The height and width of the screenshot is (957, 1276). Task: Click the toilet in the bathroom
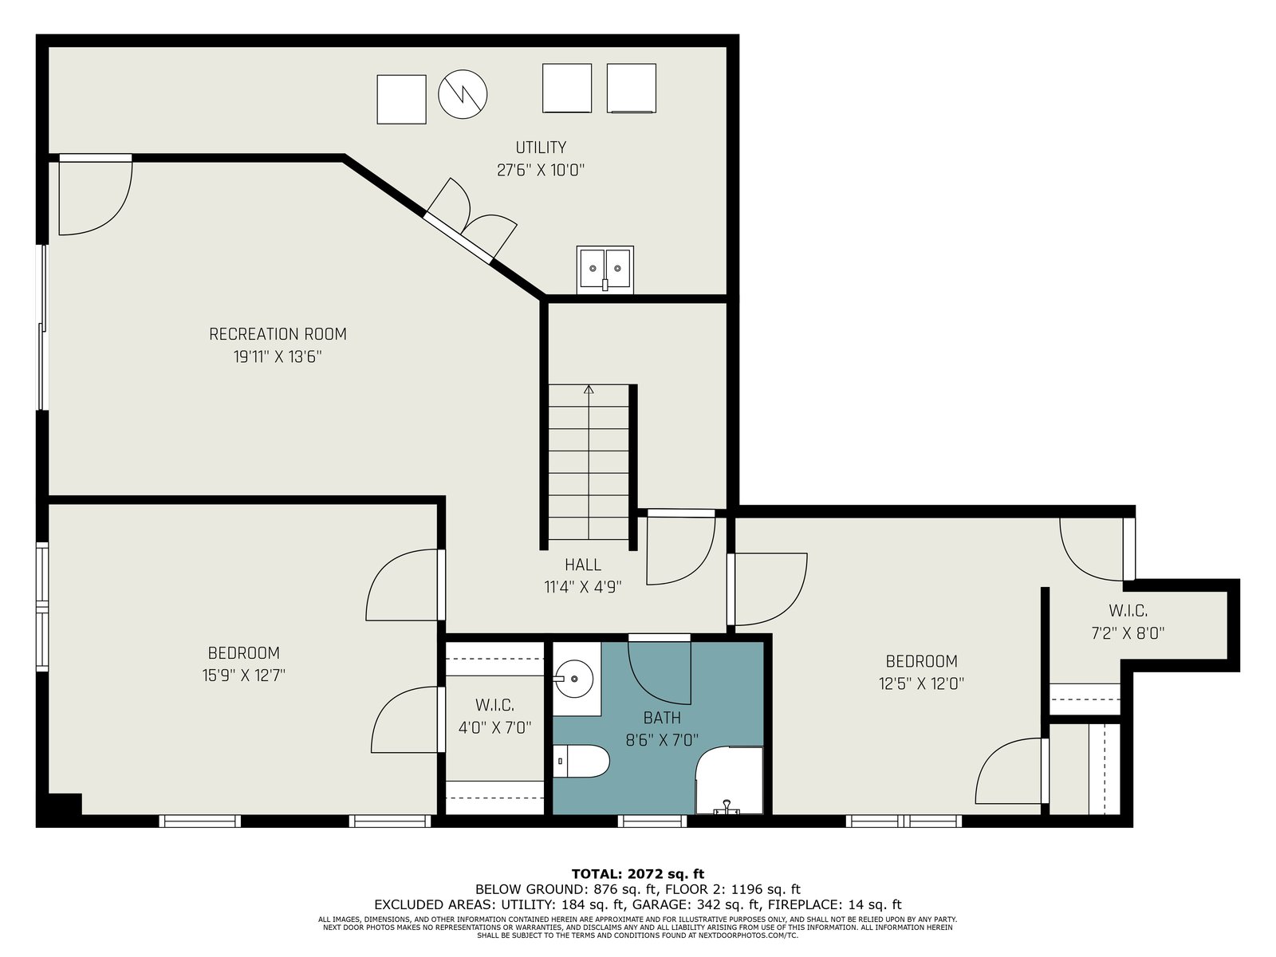pos(581,761)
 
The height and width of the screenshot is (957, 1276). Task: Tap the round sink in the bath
pos(573,679)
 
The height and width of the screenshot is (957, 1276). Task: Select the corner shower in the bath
pos(729,781)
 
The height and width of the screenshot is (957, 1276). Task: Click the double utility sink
pos(605,270)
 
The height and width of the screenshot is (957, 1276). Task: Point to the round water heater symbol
pos(463,95)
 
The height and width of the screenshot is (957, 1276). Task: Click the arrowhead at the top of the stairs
pos(589,389)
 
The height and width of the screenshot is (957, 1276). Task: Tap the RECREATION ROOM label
pos(278,334)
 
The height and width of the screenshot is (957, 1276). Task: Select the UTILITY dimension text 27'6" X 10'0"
pos(541,170)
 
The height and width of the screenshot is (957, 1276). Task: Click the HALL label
pos(583,564)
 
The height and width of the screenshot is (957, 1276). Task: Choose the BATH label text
pos(662,718)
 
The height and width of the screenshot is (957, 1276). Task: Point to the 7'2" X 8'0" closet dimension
pos(1128,632)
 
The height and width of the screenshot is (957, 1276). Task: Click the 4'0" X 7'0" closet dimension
pos(495,727)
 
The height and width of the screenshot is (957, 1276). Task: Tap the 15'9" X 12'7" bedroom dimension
pos(243,675)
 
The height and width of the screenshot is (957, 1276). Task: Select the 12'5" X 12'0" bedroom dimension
pos(921,683)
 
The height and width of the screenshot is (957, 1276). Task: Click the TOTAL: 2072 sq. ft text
pos(638,874)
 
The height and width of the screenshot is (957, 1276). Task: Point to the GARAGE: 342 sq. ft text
pos(696,904)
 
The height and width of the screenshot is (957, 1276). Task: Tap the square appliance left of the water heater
pos(402,100)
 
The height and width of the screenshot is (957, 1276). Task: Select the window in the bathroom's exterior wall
pos(652,821)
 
